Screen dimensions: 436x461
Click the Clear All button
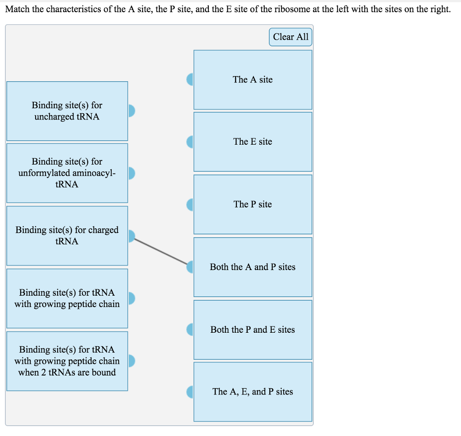pos(290,37)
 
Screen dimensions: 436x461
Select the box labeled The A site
pos(253,80)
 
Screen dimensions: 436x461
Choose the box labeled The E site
pos(253,142)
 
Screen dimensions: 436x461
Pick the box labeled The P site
pos(253,204)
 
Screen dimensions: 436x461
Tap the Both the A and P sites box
pos(253,267)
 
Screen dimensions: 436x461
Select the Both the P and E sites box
pos(253,330)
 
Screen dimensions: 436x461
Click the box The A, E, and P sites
pos(253,392)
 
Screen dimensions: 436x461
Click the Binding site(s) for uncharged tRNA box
pos(67,111)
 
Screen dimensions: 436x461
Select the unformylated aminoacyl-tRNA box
pos(67,173)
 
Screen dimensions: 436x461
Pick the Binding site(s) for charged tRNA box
pos(67,235)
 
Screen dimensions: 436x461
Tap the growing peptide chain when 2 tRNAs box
pos(67,361)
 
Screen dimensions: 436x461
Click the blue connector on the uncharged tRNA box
pos(131,110)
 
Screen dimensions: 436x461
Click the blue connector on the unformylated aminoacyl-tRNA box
pos(131,173)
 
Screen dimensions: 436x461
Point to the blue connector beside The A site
pos(190,79)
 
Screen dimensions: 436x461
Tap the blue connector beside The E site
pos(190,142)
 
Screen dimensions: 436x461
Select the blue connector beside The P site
pos(190,205)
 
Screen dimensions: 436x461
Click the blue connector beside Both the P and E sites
pos(190,330)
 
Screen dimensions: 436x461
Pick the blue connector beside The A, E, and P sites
pos(190,392)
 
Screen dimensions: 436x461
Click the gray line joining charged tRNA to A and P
pos(161,251)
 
